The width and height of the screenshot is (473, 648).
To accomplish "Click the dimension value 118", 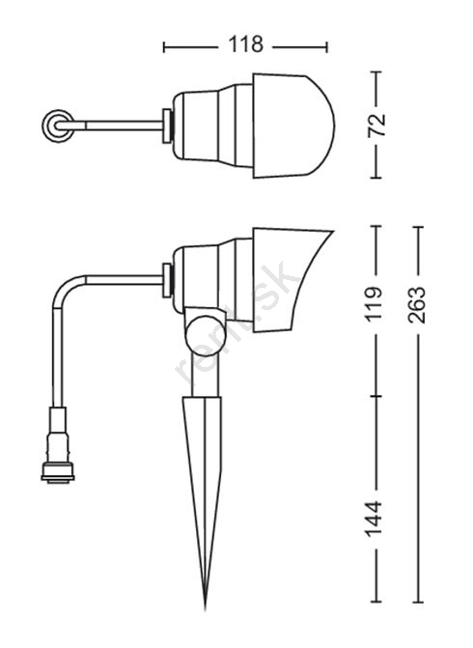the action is pyautogui.click(x=245, y=44).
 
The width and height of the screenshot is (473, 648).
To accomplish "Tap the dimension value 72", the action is pyautogui.click(x=376, y=125).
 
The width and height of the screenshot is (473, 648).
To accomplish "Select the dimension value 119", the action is pyautogui.click(x=376, y=304).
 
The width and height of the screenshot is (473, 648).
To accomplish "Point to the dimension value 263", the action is pyautogui.click(x=416, y=304).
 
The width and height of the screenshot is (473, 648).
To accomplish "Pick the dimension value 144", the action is pyautogui.click(x=375, y=519).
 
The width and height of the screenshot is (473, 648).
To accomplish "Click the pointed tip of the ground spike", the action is pyautogui.click(x=206, y=609).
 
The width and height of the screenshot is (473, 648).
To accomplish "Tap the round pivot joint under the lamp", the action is pyautogui.click(x=206, y=334).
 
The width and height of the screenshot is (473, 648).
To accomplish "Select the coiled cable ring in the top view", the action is pyautogui.click(x=57, y=126).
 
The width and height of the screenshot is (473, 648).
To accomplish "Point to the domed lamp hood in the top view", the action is pyautogui.click(x=293, y=127).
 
